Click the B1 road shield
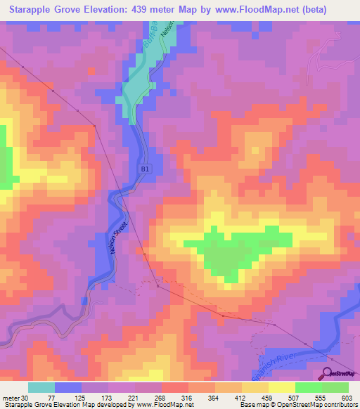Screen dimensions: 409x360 point(144,169)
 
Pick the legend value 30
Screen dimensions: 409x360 point(25,398)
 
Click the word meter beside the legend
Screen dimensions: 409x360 point(11,398)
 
